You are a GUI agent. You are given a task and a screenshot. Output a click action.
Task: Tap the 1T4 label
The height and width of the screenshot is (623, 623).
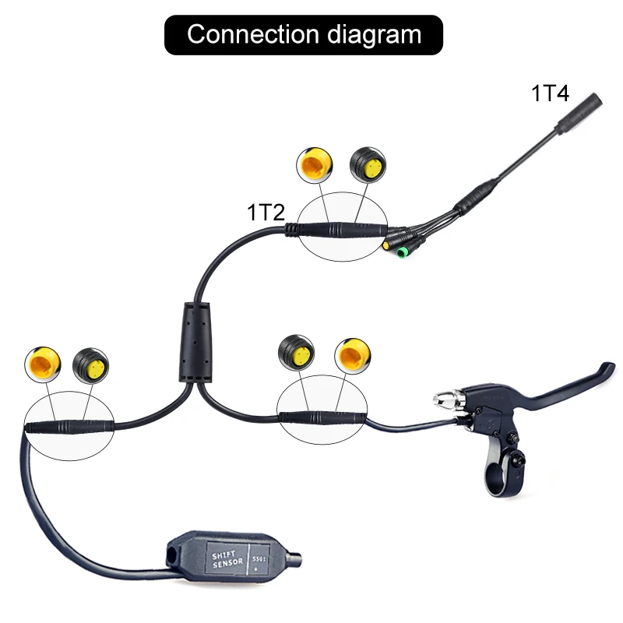point(550,94)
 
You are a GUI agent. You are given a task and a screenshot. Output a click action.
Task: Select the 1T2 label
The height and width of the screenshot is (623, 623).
point(266,211)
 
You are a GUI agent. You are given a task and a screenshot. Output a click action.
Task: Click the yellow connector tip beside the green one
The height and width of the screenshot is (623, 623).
point(387,246)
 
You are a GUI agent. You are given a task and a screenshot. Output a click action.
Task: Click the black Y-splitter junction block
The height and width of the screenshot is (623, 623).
point(193,343)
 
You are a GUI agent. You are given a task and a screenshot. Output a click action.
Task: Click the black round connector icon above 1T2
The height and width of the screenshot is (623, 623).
point(367,164)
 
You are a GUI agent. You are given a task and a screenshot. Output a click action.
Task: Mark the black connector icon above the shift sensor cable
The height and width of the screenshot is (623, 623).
point(90,363)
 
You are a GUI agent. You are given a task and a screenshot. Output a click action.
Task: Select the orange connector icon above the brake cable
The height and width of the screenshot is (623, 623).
point(352,355)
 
